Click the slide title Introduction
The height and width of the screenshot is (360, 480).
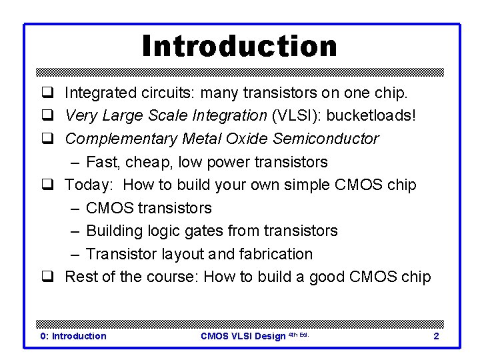click(239, 46)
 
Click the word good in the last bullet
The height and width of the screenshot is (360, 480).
click(318, 277)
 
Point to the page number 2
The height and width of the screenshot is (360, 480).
click(436, 336)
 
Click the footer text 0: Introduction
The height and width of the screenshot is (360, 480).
click(73, 336)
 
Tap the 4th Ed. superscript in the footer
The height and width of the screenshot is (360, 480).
click(298, 335)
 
